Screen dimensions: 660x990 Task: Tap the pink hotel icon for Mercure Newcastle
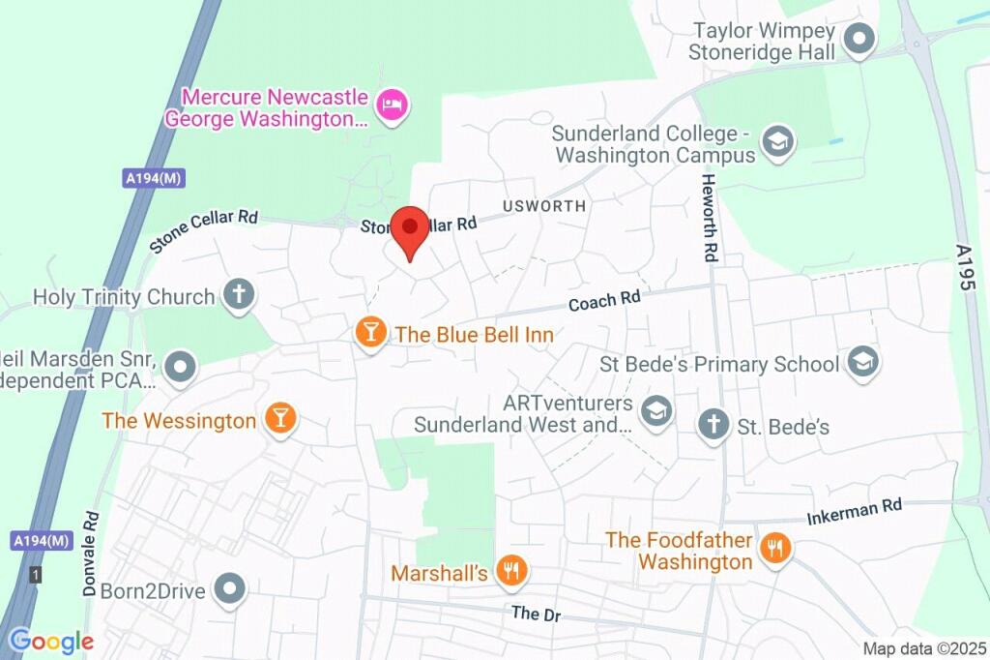(392, 105)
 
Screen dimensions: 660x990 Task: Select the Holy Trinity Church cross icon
(238, 295)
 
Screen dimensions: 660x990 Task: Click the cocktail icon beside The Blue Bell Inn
(369, 333)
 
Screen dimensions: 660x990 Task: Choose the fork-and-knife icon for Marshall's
(510, 572)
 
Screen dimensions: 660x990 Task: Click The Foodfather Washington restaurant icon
(774, 549)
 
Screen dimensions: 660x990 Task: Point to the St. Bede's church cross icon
(713, 425)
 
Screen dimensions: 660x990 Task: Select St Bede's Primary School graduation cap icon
(861, 363)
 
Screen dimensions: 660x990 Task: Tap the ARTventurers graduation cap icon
(656, 410)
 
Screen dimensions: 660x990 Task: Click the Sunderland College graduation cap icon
(776, 142)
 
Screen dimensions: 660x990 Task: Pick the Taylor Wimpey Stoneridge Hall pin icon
(859, 40)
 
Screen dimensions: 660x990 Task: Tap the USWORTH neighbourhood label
(543, 206)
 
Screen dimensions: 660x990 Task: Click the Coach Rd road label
(604, 302)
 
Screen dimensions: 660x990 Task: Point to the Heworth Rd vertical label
(711, 219)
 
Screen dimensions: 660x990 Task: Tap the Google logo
(50, 641)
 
